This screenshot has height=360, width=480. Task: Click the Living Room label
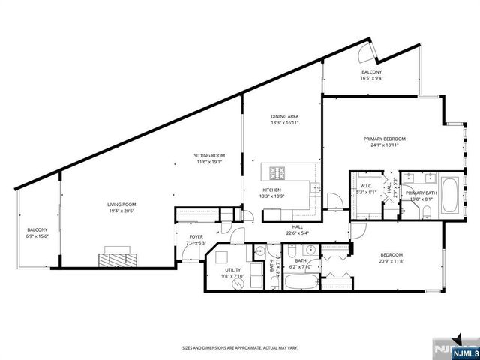tap(120, 204)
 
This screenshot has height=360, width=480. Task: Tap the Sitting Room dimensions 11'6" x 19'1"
tap(211, 162)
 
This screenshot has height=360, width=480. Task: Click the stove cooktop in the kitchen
tap(276, 173)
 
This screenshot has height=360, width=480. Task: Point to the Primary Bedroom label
tap(384, 139)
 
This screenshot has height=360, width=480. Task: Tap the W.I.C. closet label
tap(366, 186)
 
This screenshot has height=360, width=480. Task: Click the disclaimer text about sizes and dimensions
tap(240, 347)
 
